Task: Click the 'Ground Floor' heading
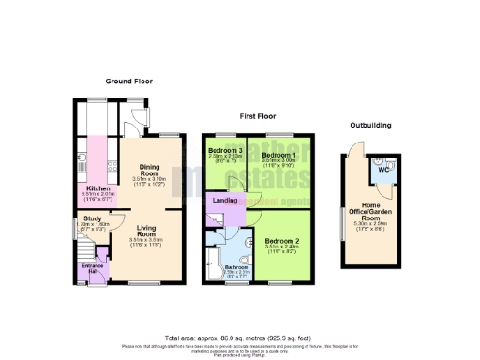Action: pos(128,82)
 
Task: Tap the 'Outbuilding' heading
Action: pos(370,125)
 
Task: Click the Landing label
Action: pos(225,200)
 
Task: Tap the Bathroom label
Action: pos(236,267)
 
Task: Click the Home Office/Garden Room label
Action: pos(367,212)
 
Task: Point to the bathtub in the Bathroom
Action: pos(212,252)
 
